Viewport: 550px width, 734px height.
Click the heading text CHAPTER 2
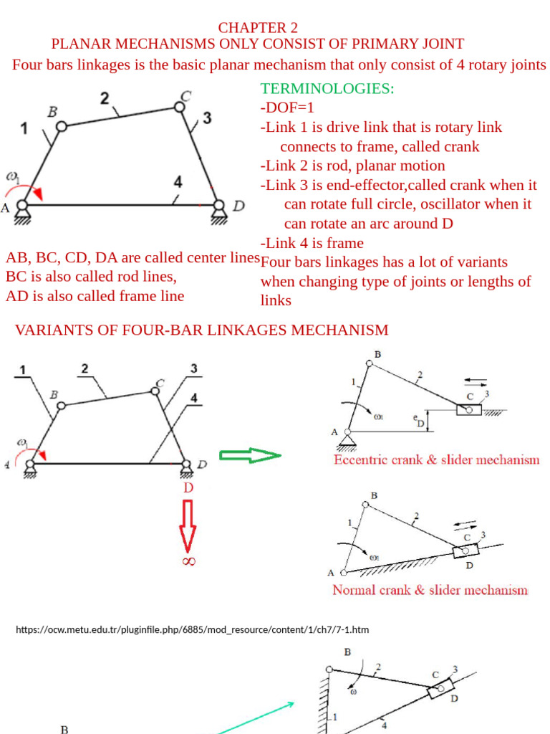(258, 28)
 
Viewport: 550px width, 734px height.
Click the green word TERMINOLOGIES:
(327, 89)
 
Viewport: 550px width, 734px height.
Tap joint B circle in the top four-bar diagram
(62, 126)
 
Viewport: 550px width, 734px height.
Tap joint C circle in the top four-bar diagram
(180, 108)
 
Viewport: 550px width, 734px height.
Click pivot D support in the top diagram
(218, 209)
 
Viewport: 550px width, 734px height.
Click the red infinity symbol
(188, 561)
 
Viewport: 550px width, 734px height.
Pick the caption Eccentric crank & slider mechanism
(436, 459)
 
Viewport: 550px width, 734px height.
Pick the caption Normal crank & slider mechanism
(430, 590)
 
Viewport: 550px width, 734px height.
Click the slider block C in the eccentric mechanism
(469, 410)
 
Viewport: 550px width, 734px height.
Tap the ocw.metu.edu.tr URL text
(192, 629)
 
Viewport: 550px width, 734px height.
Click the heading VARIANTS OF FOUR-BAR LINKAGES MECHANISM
(202, 330)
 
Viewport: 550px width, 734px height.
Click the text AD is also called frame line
(95, 296)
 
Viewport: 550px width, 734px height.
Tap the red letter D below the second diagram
(188, 487)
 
